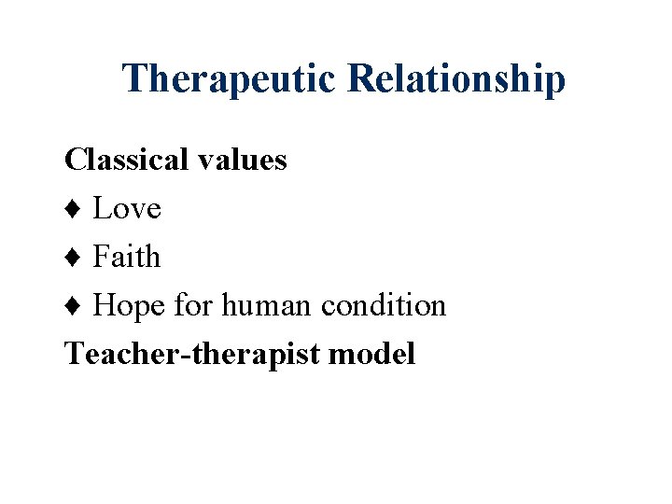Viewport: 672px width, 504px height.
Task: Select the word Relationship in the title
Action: click(x=456, y=79)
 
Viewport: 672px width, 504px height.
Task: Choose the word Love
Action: click(x=127, y=208)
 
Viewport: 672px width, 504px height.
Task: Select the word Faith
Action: click(x=127, y=257)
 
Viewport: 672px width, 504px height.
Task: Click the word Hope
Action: click(x=129, y=305)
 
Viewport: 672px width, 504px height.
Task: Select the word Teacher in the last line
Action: click(x=105, y=354)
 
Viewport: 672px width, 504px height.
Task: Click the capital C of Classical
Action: click(x=74, y=160)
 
